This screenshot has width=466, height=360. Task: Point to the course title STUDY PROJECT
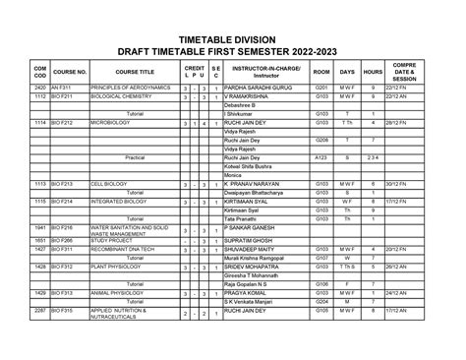pyautogui.click(x=114, y=239)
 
